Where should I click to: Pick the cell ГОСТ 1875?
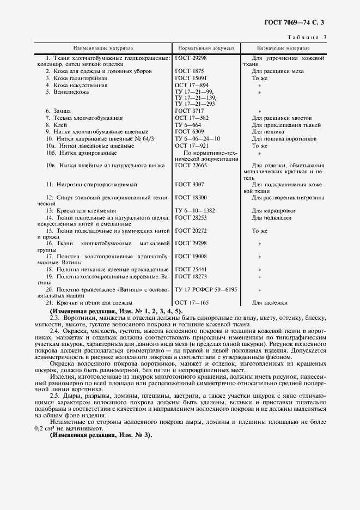point(190,71)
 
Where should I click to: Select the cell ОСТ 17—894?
point(192,86)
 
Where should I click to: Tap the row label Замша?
point(62,111)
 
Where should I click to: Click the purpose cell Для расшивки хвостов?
point(282,118)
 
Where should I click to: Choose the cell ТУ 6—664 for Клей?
point(188,125)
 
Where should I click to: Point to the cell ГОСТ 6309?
point(190,132)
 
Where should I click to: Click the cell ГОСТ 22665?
point(191,165)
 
